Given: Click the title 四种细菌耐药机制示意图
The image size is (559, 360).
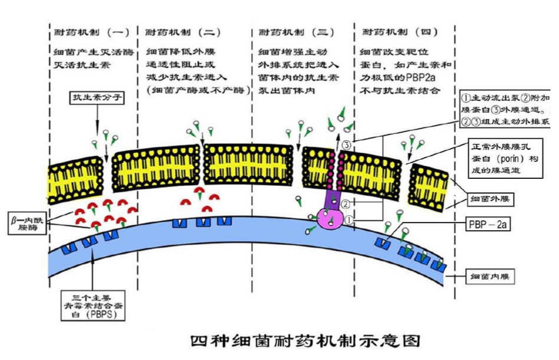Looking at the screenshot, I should click(305, 341).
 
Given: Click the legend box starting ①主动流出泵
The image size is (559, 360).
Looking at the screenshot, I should click(506, 109).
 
